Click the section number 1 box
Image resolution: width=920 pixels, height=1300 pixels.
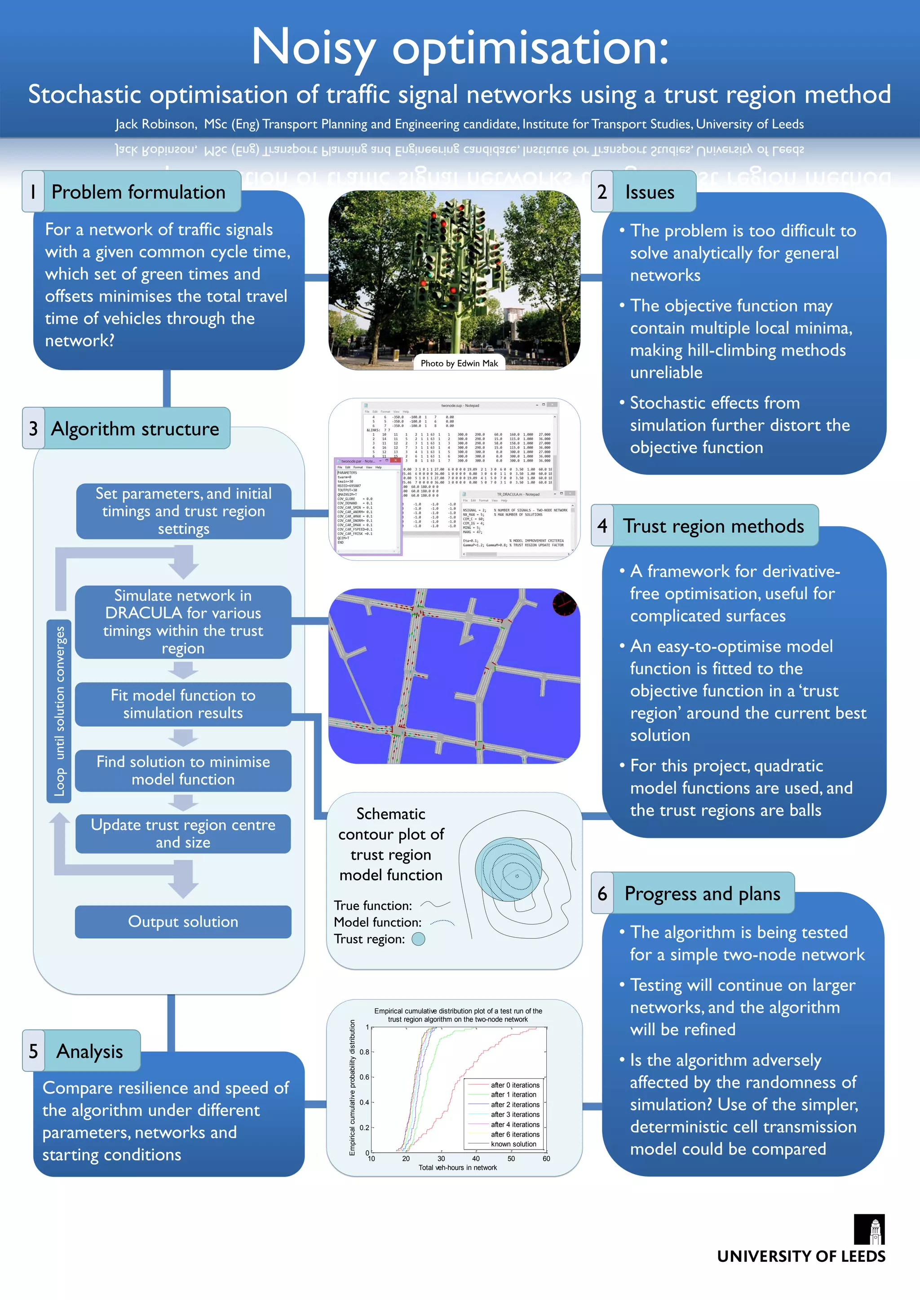(x=33, y=192)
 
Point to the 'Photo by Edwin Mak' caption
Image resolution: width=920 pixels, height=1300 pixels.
(x=459, y=363)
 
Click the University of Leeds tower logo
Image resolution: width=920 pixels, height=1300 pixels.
(x=869, y=1230)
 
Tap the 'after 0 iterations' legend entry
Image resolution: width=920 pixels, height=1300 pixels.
(x=514, y=1085)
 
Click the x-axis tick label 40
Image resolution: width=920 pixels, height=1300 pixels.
(x=476, y=1159)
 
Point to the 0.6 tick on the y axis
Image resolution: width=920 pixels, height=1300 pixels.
(x=364, y=1077)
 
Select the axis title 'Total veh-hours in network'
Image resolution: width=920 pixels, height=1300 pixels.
(x=457, y=1168)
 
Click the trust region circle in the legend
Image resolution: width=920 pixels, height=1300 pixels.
(x=418, y=939)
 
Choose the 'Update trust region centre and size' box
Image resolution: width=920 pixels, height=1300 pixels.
(x=183, y=833)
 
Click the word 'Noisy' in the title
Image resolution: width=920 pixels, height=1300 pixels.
(x=313, y=48)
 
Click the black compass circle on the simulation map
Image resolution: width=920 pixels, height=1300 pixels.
(x=564, y=604)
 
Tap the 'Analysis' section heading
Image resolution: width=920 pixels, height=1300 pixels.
(x=89, y=1051)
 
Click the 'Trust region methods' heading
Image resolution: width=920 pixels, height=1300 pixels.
(x=713, y=526)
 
